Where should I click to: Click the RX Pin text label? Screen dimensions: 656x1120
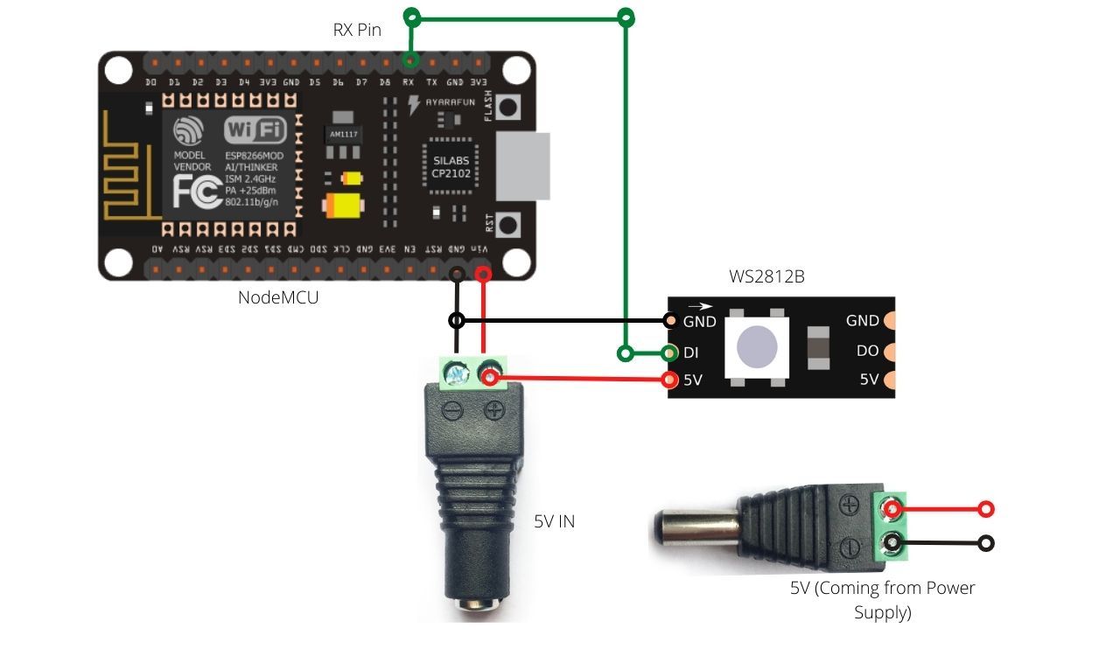coord(357,30)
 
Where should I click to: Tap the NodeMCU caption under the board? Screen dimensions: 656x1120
coord(278,297)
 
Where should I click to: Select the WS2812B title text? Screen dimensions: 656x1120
coord(766,277)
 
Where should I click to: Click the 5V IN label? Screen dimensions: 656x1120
coord(555,521)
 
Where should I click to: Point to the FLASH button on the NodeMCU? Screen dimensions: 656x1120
coord(509,107)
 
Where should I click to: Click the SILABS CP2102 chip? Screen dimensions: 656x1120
coord(451,167)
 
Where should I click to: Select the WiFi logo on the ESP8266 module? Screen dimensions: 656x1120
coord(255,131)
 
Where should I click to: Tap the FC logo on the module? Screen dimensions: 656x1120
coord(197,192)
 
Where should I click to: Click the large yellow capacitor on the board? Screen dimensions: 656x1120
coord(344,206)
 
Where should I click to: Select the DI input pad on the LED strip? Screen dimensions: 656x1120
coord(670,353)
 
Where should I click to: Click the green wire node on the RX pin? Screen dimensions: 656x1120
coord(409,60)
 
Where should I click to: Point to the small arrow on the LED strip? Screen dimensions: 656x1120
coord(700,307)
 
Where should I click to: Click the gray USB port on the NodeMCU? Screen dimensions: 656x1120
coord(523,166)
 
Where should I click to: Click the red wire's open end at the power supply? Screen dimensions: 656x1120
coord(986,509)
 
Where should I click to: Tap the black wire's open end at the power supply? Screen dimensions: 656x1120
coord(986,543)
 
